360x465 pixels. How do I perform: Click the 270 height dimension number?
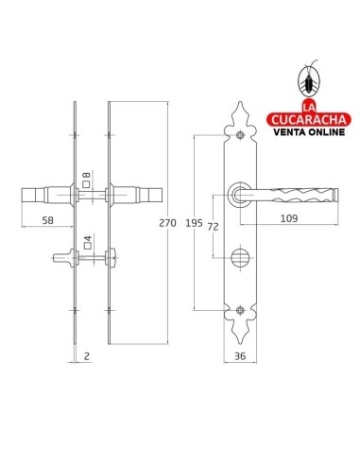pyautogui.click(x=167, y=223)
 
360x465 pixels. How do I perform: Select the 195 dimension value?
pyautogui.click(x=194, y=223)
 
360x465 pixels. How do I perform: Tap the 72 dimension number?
pyautogui.click(x=214, y=227)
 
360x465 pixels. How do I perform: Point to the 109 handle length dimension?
pyautogui.click(x=289, y=218)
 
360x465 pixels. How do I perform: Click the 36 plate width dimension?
pyautogui.click(x=240, y=356)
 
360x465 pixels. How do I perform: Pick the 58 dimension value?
pyautogui.click(x=48, y=220)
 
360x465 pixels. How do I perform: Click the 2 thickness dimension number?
pyautogui.click(x=87, y=356)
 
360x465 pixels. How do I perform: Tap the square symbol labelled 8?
pyautogui.click(x=86, y=184)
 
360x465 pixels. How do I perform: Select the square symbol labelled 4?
pyautogui.click(x=88, y=246)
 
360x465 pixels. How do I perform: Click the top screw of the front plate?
pyautogui.click(x=240, y=135)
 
